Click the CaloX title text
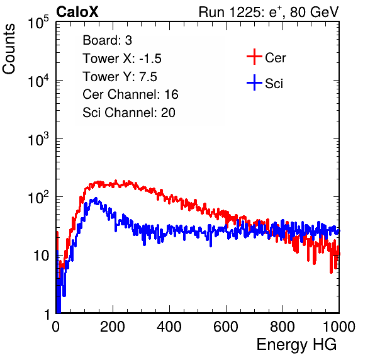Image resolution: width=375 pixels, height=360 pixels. click(x=77, y=12)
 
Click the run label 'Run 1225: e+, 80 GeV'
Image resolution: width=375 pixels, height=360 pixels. click(x=269, y=12)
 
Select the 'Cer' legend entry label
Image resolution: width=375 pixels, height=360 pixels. click(x=275, y=58)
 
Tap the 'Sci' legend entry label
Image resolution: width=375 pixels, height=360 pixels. click(x=274, y=84)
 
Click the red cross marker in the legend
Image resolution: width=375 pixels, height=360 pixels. click(x=254, y=57)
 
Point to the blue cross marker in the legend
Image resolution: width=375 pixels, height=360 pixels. click(x=254, y=82)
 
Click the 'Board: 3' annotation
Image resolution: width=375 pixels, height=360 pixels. click(x=107, y=40)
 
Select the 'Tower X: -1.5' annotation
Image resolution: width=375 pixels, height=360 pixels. click(x=122, y=59)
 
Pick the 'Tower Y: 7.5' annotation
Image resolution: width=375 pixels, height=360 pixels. click(x=120, y=77)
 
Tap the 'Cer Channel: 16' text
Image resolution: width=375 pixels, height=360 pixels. click(x=130, y=94)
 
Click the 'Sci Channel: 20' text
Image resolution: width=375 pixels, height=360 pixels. click(x=129, y=113)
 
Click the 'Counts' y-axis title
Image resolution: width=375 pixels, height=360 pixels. click(x=9, y=49)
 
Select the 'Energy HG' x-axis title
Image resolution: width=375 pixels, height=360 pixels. click(x=296, y=345)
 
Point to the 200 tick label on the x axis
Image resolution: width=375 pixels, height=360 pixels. click(x=113, y=327)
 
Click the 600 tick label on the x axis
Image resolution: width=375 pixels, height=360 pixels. click(x=226, y=327)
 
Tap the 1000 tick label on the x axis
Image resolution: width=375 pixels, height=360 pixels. click(x=339, y=327)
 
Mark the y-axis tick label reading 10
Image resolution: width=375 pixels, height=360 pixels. click(x=42, y=256)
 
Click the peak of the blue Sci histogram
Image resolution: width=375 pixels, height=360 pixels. click(x=96, y=198)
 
